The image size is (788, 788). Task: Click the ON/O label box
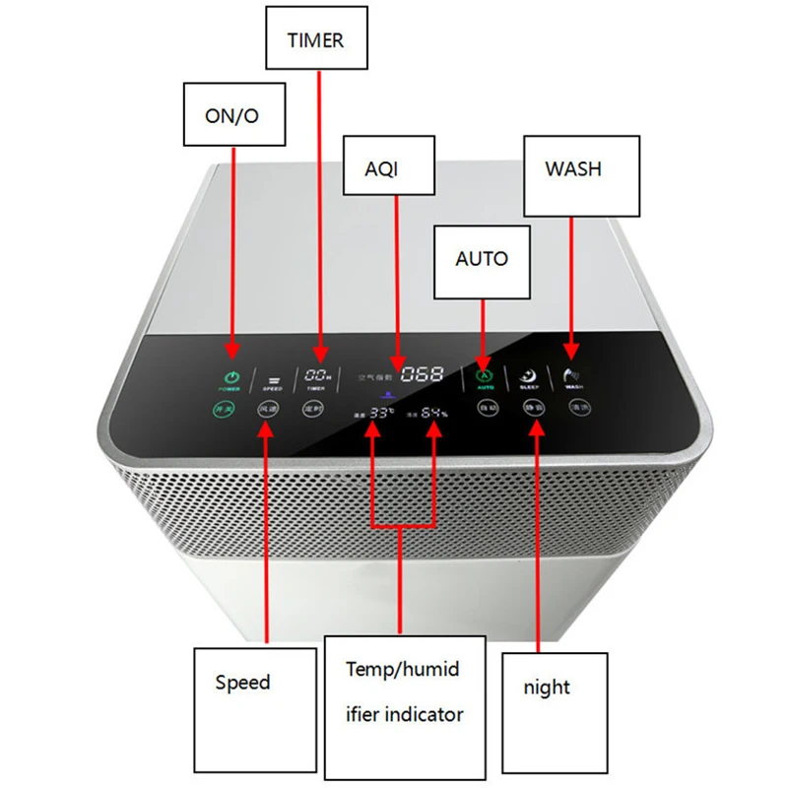(x=231, y=115)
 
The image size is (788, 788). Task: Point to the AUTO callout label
(x=482, y=259)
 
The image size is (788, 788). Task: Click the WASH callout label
(x=573, y=168)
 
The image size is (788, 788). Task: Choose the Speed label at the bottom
(x=242, y=682)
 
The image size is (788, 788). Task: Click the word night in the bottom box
(x=547, y=688)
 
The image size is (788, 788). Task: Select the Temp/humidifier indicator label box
(x=404, y=691)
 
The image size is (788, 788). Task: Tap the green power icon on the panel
(x=231, y=377)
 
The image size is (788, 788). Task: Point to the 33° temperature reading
(x=381, y=414)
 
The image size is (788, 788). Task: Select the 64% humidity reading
(x=434, y=414)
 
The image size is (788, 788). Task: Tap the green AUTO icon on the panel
(x=483, y=375)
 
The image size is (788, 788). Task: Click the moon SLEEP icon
(x=528, y=375)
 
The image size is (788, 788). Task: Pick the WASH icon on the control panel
(x=573, y=374)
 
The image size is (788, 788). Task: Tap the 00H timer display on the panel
(x=317, y=376)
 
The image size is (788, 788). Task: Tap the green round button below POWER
(x=226, y=407)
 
